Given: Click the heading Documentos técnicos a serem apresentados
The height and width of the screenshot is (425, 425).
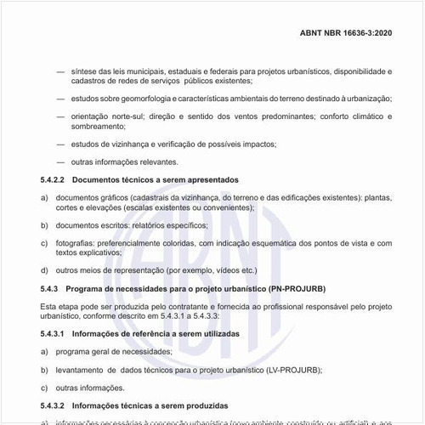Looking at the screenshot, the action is pyautogui.click(x=156, y=180).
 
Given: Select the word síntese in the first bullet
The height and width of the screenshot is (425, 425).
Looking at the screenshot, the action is pyautogui.click(x=84, y=71).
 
